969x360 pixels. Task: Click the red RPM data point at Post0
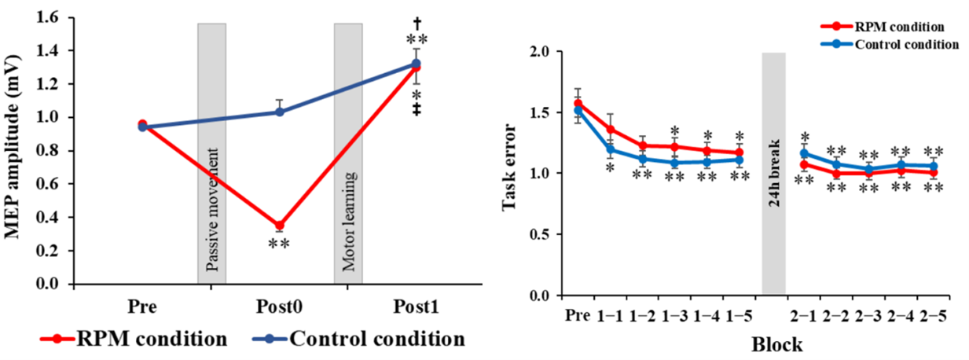coord(280,226)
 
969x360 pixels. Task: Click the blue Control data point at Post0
coord(280,112)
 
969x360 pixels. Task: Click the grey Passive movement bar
coord(211,153)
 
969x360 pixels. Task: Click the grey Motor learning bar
coord(348,153)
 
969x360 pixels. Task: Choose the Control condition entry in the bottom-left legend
coord(369,340)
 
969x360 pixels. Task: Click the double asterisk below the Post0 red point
coord(279,244)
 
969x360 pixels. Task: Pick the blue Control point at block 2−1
coord(803,153)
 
